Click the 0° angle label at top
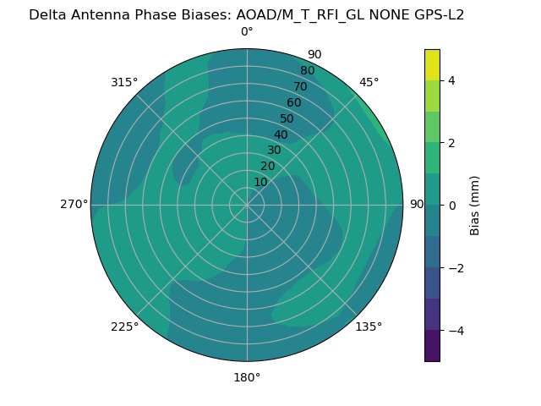click(247, 32)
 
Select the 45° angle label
click(369, 82)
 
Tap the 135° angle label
click(369, 326)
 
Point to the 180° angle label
click(247, 377)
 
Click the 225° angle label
click(124, 326)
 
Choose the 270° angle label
click(74, 205)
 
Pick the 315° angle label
click(124, 82)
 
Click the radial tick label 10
click(260, 182)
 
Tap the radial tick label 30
click(274, 151)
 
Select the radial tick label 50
click(287, 118)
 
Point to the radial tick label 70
click(300, 87)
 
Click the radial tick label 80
click(307, 71)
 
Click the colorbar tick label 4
click(451, 80)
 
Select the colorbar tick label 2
click(451, 143)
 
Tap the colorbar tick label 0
click(451, 206)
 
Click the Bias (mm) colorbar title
click(475, 206)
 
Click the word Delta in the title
click(49, 14)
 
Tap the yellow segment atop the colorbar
click(432, 64)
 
